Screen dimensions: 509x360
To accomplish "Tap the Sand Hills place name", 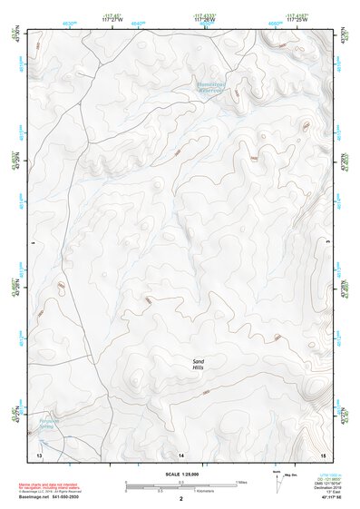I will [199, 365].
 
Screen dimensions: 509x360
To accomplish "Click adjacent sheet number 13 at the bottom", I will [39, 453].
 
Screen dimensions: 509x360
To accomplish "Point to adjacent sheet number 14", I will [180, 453].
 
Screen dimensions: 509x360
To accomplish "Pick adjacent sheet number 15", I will [322, 453].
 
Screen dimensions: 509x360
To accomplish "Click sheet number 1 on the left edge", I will [32, 243].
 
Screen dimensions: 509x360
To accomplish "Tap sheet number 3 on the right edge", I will [328, 243].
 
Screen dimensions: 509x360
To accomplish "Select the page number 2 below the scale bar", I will [181, 499].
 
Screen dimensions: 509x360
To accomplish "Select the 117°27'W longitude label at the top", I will [112, 18].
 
